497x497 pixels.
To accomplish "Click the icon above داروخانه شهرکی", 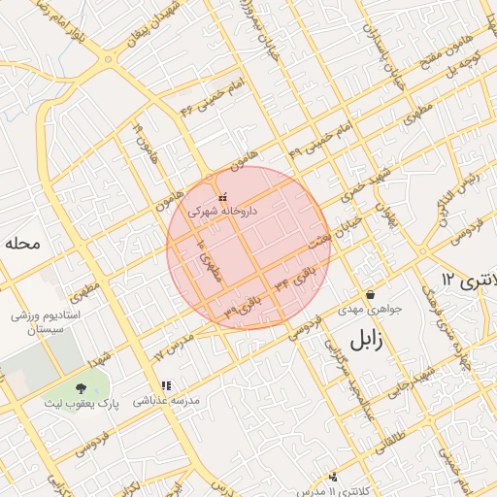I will [223, 197].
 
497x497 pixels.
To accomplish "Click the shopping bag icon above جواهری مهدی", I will [369, 295].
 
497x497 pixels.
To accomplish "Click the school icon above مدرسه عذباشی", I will [167, 385].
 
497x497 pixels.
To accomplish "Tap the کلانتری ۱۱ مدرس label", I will [333, 490].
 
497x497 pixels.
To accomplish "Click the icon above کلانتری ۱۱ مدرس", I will [334, 477].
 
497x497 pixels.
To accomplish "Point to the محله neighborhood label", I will [21, 243].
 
